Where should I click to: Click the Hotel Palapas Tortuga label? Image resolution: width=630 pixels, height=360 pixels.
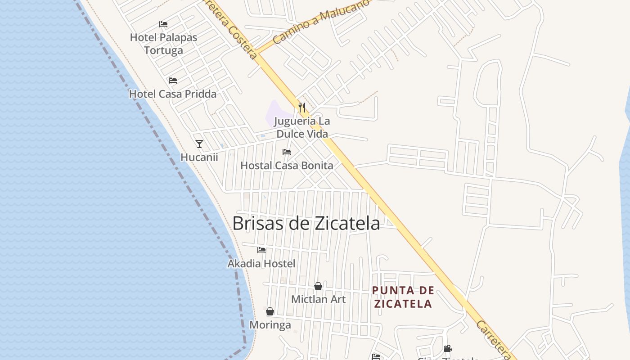pyautogui.click(x=163, y=44)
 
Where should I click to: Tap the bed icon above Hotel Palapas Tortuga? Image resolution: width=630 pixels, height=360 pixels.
pyautogui.click(x=163, y=24)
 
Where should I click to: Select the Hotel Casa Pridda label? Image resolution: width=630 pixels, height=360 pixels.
pyautogui.click(x=173, y=94)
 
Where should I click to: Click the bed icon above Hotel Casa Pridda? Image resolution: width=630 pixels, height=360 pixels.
pyautogui.click(x=173, y=81)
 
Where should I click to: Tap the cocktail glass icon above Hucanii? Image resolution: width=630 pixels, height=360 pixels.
pyautogui.click(x=199, y=144)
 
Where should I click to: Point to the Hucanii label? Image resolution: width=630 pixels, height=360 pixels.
pyautogui.click(x=199, y=157)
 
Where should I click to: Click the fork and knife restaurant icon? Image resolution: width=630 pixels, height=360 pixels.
pyautogui.click(x=302, y=108)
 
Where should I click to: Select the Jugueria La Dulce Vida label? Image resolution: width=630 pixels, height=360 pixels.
pyautogui.click(x=302, y=127)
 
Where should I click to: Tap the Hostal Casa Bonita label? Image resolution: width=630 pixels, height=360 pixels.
pyautogui.click(x=287, y=166)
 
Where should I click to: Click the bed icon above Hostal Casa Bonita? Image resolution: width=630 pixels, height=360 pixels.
pyautogui.click(x=287, y=152)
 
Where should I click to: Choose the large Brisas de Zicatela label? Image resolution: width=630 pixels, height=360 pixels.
pyautogui.click(x=306, y=223)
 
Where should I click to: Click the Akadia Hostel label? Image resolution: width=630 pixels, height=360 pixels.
pyautogui.click(x=261, y=264)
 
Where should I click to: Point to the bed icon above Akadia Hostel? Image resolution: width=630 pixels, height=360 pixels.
pyautogui.click(x=261, y=250)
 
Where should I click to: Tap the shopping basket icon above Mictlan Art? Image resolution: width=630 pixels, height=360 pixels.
pyautogui.click(x=318, y=286)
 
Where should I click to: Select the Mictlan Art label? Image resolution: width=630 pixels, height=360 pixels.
pyautogui.click(x=318, y=299)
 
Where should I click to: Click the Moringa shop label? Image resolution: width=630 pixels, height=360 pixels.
pyautogui.click(x=270, y=325)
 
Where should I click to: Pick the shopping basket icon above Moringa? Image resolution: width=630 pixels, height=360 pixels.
pyautogui.click(x=270, y=311)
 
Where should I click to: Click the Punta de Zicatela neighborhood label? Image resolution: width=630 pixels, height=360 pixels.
pyautogui.click(x=403, y=297)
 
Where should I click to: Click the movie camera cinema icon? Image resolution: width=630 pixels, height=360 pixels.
pyautogui.click(x=448, y=349)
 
